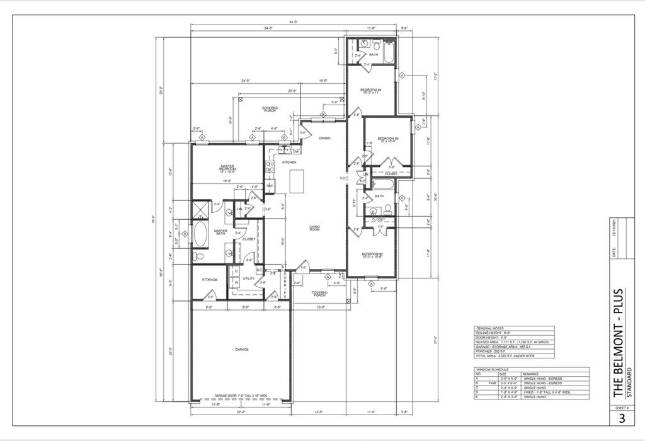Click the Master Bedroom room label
(227, 168)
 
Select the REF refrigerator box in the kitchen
(270, 186)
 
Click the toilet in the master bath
(198, 256)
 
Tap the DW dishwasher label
(295, 152)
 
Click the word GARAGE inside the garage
(241, 348)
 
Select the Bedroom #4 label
(371, 91)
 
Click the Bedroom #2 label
(372, 255)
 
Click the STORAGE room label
(210, 279)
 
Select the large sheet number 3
(621, 418)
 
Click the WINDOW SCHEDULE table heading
(493, 369)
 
